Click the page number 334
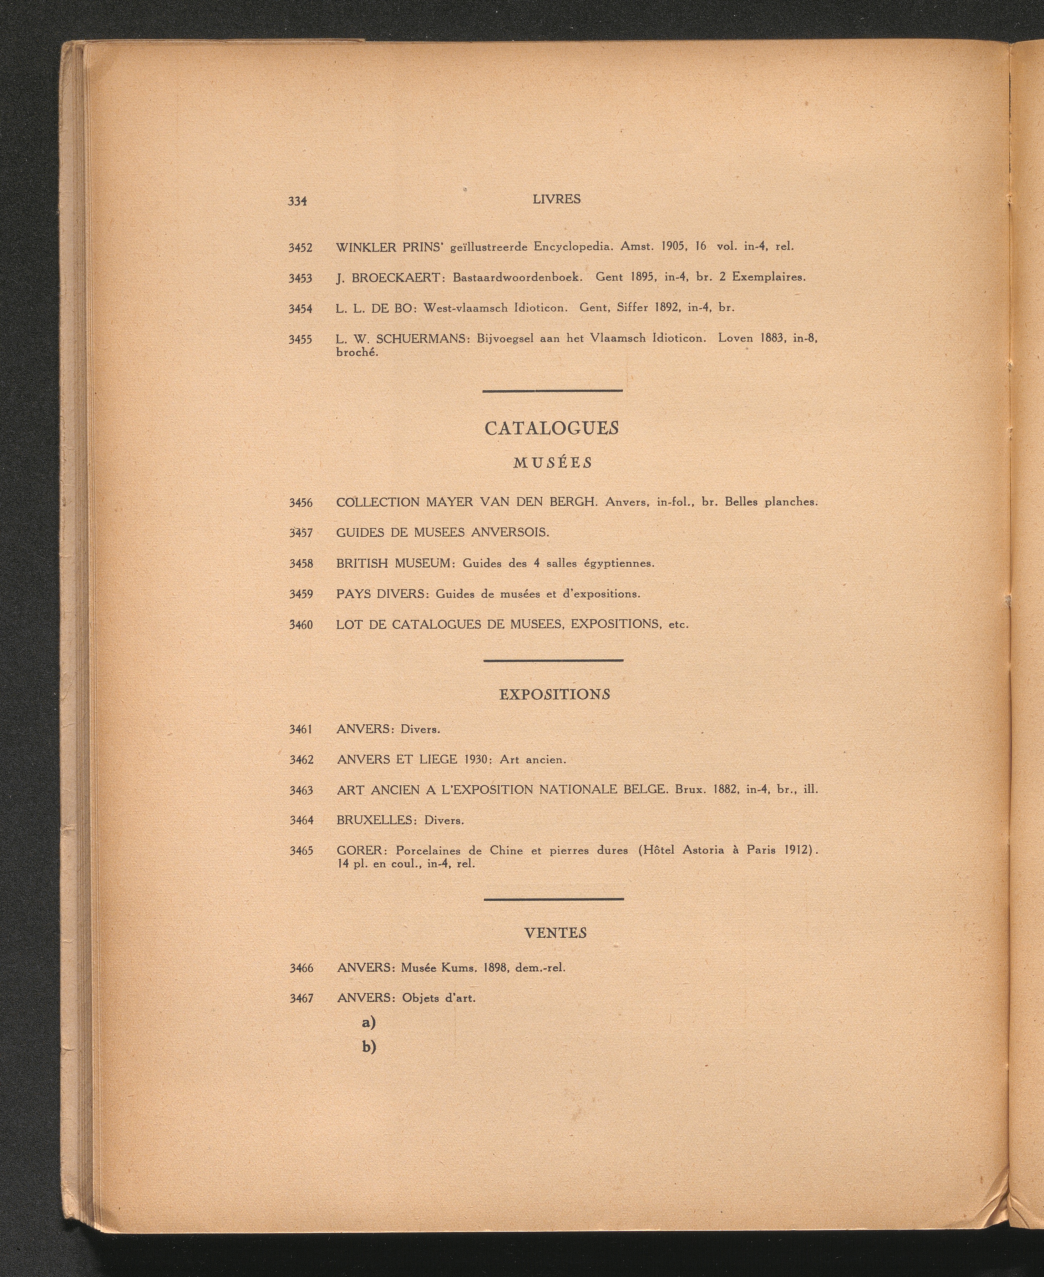click(x=298, y=201)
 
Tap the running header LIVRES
click(x=556, y=199)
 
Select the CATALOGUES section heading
click(x=552, y=428)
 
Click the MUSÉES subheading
click(x=553, y=462)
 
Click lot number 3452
click(x=300, y=248)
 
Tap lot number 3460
click(x=301, y=625)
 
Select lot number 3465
click(x=301, y=851)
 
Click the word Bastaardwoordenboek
click(x=517, y=277)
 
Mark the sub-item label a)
click(x=369, y=1022)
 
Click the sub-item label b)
click(x=369, y=1047)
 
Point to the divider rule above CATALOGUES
click(x=552, y=391)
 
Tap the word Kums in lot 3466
click(x=458, y=968)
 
